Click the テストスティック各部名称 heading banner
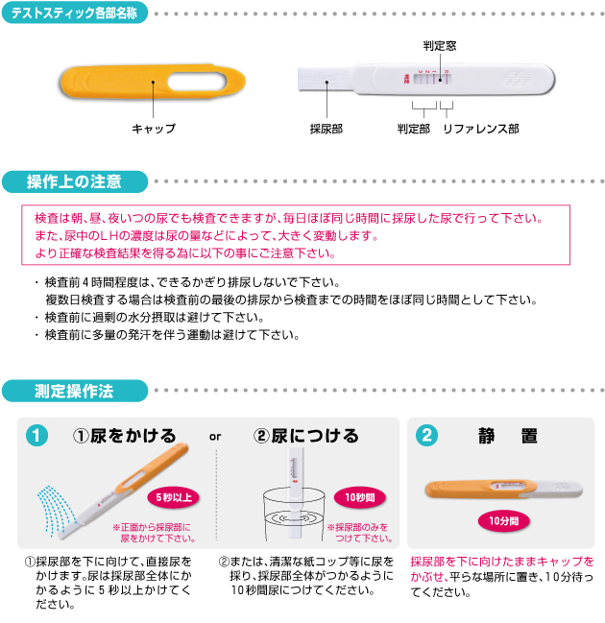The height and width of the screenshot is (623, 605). [75, 13]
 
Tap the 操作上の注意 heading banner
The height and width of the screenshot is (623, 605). [75, 181]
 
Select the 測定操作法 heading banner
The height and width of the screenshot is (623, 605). [75, 391]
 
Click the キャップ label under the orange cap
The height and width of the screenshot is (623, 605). [154, 129]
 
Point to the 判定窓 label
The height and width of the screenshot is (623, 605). [440, 46]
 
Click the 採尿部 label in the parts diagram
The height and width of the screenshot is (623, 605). [326, 129]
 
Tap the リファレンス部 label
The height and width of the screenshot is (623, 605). [481, 129]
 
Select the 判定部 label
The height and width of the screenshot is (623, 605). [414, 129]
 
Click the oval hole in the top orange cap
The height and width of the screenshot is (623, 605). [197, 82]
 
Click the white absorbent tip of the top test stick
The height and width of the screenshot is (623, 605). [325, 80]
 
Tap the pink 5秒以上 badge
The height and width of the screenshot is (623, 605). [174, 497]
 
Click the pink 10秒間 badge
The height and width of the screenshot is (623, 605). [360, 497]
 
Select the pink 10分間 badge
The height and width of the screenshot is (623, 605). [503, 521]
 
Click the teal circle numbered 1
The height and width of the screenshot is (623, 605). [36, 436]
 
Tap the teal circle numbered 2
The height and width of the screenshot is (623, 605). [426, 436]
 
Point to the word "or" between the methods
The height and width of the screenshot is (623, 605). [215, 437]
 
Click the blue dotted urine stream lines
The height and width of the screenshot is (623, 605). [56, 510]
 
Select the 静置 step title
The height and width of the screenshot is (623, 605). [508, 436]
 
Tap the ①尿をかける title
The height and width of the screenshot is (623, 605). [124, 436]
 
